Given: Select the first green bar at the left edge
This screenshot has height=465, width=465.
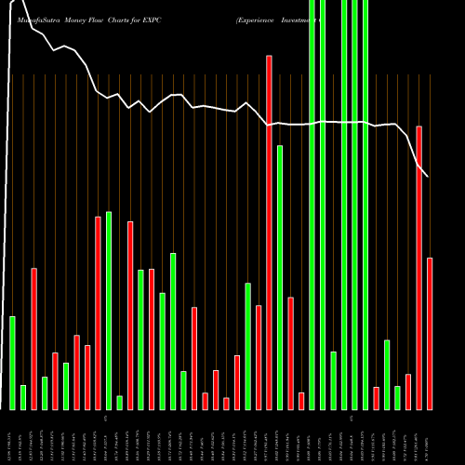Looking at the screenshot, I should click(12, 363).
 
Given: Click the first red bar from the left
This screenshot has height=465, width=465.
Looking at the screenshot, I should click(33, 339).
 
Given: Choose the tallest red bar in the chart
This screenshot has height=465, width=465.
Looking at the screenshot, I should click(269, 232).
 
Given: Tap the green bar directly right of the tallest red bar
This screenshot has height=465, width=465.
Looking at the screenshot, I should click(280, 277).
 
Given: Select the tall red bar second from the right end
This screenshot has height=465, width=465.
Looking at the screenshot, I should click(419, 268).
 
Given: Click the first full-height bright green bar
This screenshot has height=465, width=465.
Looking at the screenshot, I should click(312, 205).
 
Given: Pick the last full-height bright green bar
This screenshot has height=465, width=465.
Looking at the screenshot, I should click(365, 205).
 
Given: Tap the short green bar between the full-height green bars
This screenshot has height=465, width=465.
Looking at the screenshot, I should click(333, 380).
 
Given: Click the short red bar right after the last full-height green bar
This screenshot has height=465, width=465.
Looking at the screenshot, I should click(376, 398).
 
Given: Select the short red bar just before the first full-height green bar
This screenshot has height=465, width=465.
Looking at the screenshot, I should click(301, 401).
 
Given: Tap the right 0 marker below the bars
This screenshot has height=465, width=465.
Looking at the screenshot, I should click(352, 419).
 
